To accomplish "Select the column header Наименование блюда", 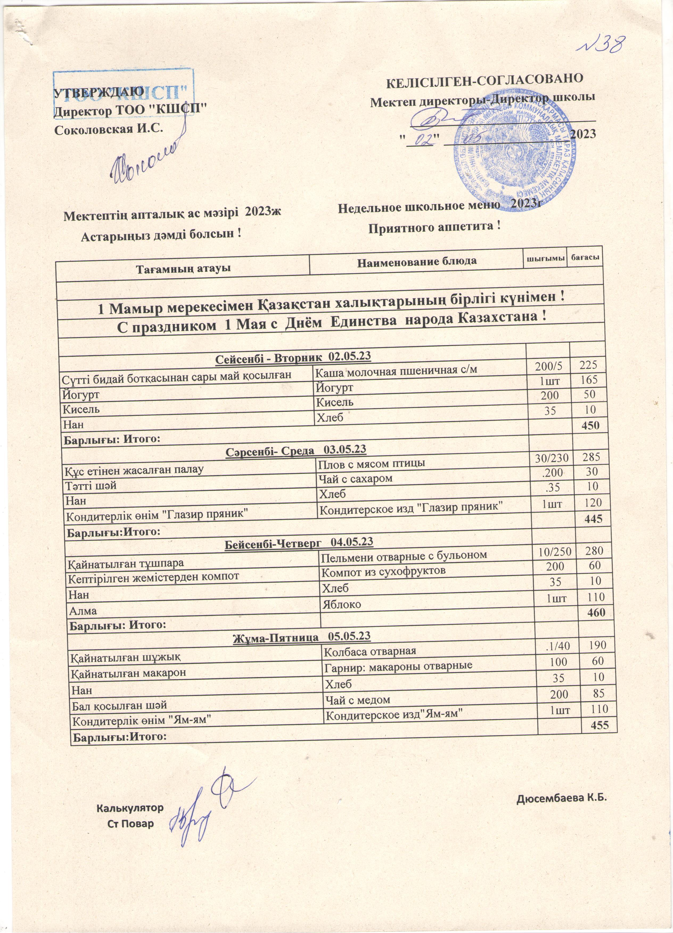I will (417, 261).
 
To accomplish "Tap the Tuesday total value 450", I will (589, 425).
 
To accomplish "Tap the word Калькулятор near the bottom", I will (130, 808).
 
